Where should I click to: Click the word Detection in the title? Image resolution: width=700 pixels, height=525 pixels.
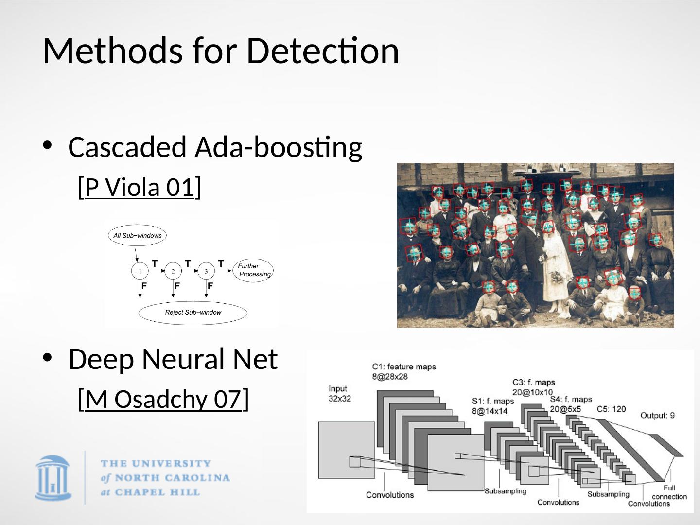[x=322, y=51]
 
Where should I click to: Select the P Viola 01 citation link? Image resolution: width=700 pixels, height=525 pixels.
[x=140, y=187]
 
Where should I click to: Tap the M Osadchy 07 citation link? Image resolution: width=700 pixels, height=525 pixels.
[x=163, y=400]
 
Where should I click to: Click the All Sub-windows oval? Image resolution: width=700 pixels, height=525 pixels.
[x=137, y=236]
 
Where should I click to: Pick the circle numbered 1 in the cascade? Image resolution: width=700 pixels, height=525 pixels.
[x=140, y=271]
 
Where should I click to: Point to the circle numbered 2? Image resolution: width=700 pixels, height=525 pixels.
[x=173, y=271]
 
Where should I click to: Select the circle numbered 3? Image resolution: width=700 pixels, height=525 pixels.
[x=206, y=271]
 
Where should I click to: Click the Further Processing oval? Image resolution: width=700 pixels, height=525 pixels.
[x=253, y=270]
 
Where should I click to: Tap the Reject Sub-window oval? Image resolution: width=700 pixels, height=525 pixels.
[x=193, y=313]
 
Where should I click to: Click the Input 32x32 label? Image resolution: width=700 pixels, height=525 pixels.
[x=339, y=393]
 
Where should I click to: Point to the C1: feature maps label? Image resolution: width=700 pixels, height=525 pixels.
[x=404, y=371]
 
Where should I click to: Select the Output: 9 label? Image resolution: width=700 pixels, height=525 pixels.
[x=657, y=415]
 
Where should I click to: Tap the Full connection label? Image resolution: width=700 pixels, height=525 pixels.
[x=669, y=492]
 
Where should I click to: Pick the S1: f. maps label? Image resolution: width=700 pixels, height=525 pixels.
[x=492, y=406]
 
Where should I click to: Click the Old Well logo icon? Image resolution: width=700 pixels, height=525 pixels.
[x=53, y=478]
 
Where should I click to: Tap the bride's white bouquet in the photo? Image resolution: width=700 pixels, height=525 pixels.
[x=556, y=278]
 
